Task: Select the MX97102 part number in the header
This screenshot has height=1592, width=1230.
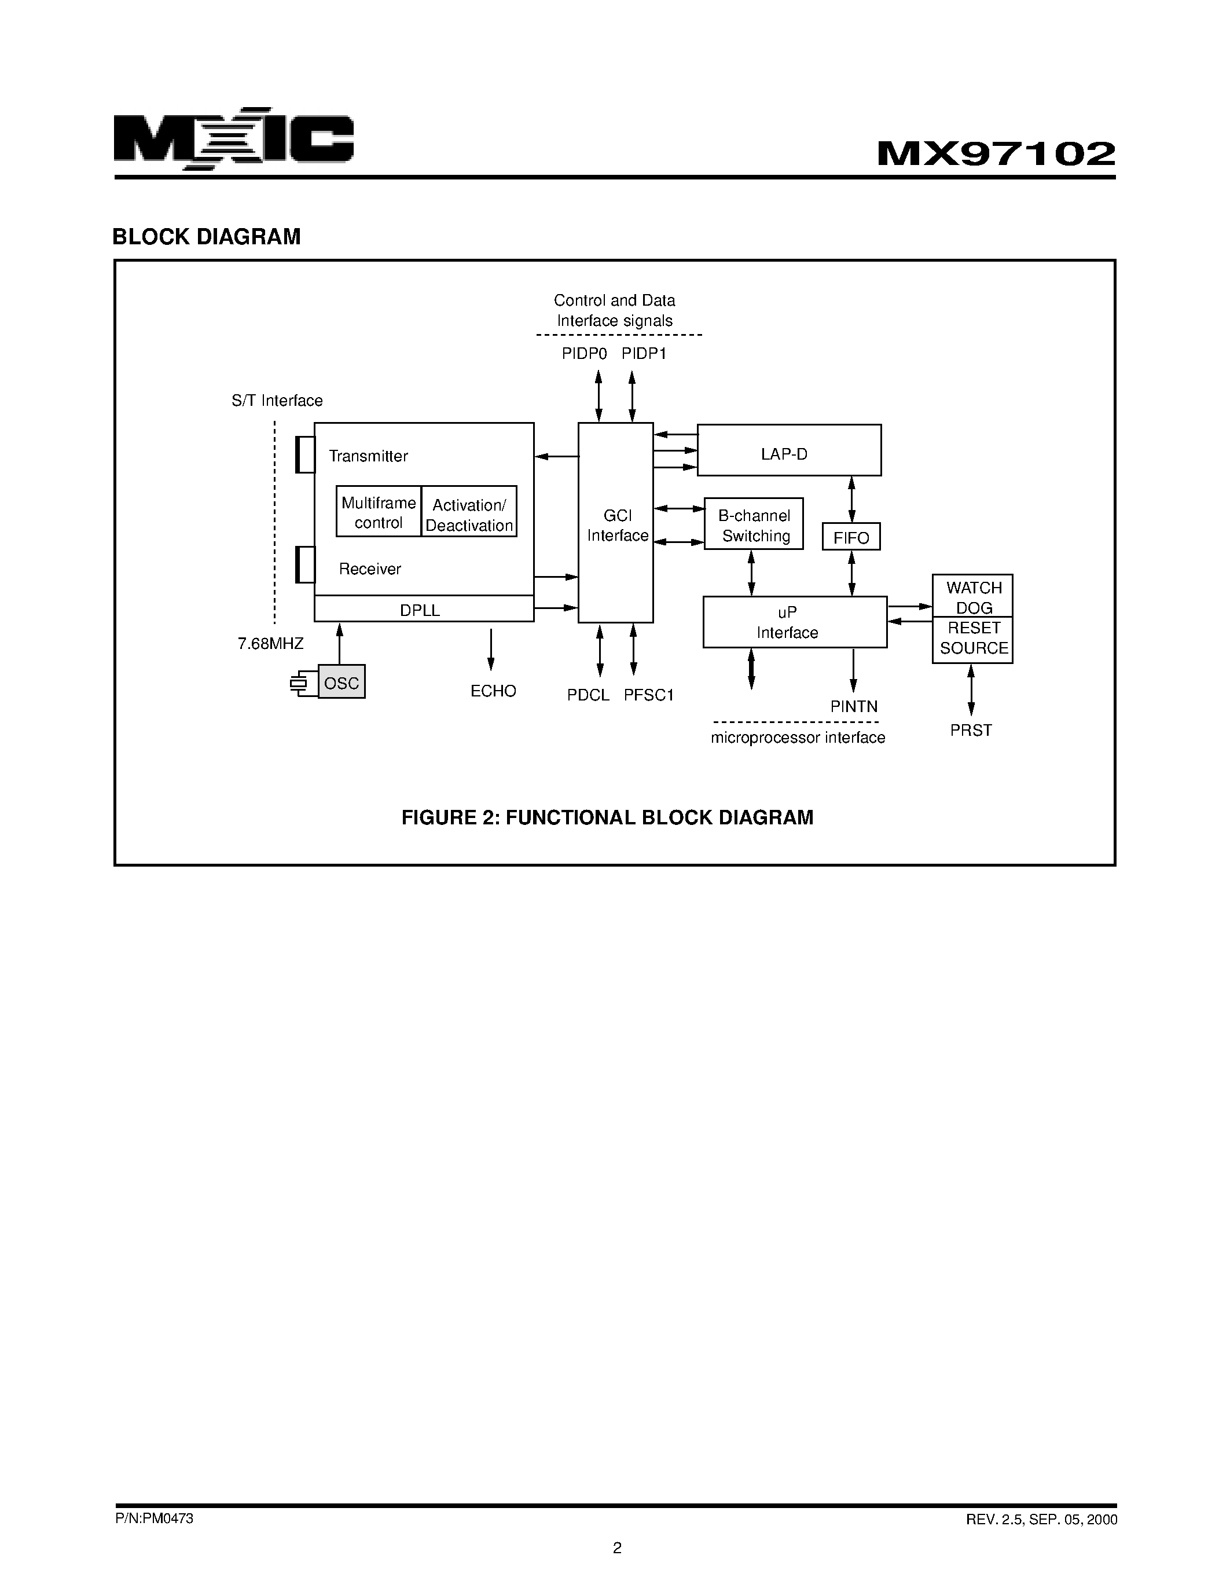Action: [x=996, y=154]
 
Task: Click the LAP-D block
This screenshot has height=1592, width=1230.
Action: [x=788, y=450]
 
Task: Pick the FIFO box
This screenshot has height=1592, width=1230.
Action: [x=850, y=537]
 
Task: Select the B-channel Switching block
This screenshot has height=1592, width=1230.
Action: [x=754, y=524]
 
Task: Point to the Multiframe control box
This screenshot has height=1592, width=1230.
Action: [x=378, y=512]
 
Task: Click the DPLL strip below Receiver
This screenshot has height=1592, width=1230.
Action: [x=423, y=610]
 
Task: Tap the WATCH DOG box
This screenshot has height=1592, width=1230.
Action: [x=973, y=596]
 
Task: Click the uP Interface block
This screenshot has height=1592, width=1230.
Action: [x=794, y=622]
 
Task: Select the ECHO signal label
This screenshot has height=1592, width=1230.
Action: [x=493, y=690]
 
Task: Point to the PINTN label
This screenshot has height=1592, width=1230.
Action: [x=853, y=706]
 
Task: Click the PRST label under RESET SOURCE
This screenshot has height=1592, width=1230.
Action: [x=970, y=729]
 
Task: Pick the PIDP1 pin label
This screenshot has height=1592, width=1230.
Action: [x=644, y=354]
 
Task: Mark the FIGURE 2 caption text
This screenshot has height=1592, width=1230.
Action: [x=607, y=817]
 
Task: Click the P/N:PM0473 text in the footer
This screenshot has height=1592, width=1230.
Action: [x=155, y=1518]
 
